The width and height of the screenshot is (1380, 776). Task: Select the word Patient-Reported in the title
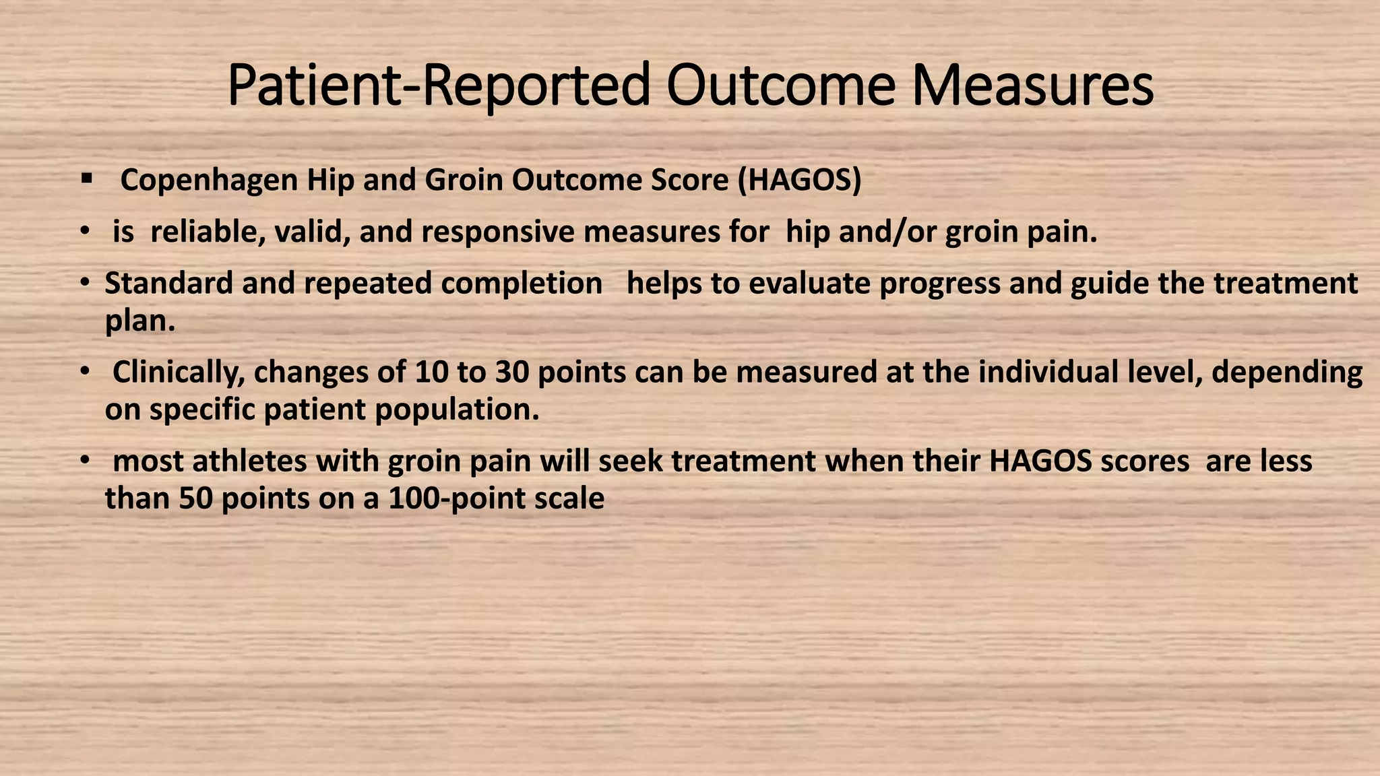pyautogui.click(x=438, y=86)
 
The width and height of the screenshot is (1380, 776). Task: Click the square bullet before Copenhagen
pyautogui.click(x=86, y=179)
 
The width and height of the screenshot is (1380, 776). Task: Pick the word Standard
pyautogui.click(x=168, y=283)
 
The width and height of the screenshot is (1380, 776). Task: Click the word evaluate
pyautogui.click(x=809, y=283)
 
